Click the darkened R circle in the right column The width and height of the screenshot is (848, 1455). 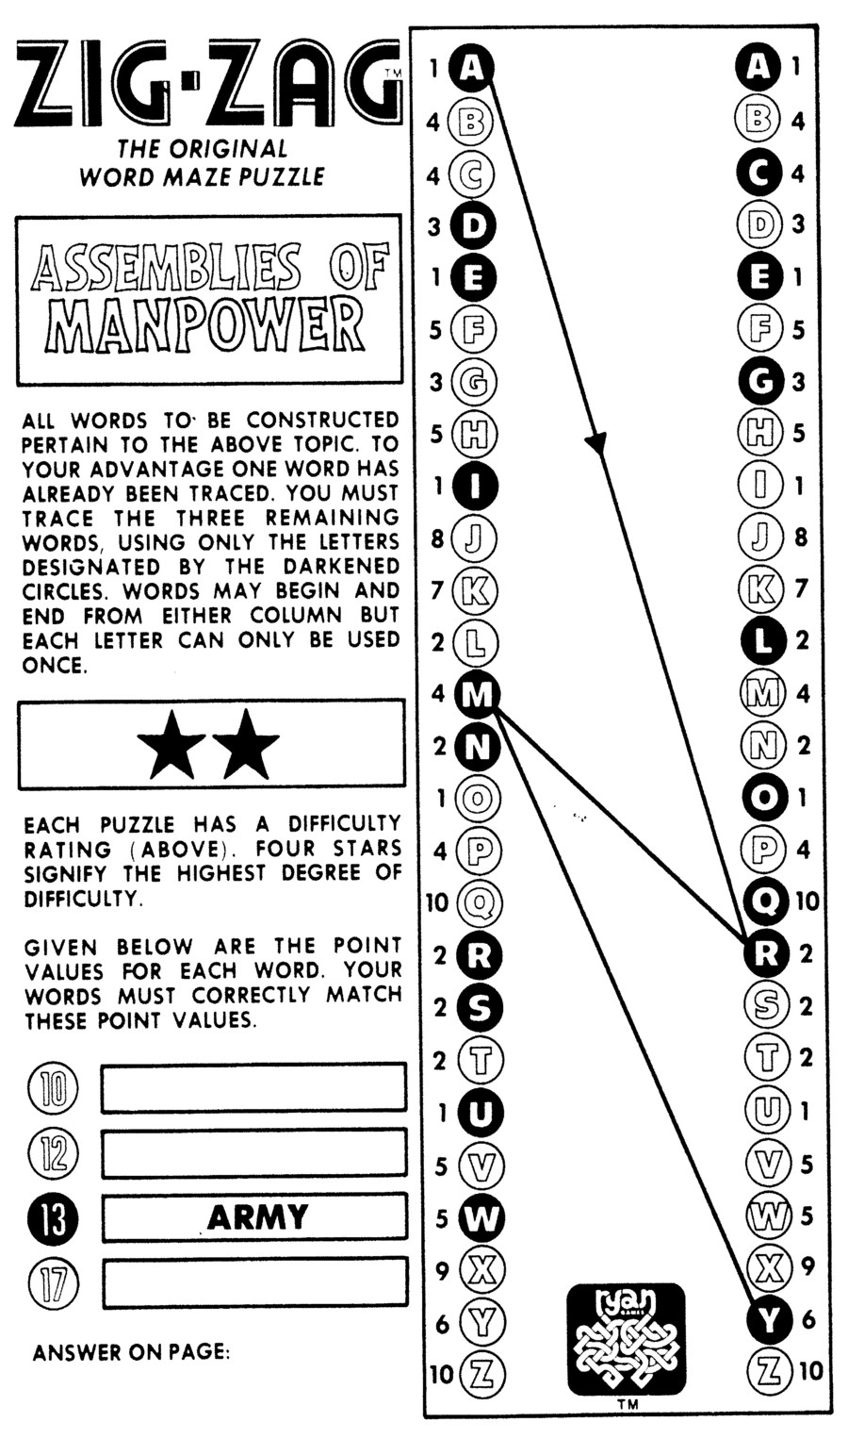765,954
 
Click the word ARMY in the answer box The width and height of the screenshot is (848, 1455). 257,1217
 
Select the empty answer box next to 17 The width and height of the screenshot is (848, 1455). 254,1281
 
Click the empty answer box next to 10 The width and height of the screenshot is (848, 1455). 254,1088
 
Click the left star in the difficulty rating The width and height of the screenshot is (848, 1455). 171,745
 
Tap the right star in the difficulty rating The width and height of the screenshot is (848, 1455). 248,745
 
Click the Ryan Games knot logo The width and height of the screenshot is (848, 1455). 626,1339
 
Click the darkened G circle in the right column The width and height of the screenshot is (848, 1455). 765,381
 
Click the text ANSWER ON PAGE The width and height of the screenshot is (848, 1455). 131,1353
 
